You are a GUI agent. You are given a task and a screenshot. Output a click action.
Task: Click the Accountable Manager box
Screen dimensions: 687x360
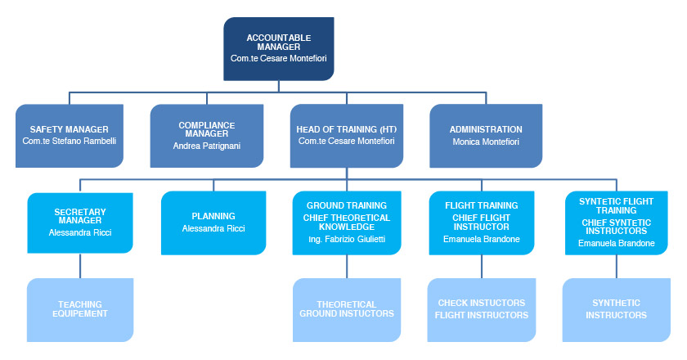click(279, 48)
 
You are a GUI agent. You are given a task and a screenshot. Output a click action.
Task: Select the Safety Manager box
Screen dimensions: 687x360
click(70, 136)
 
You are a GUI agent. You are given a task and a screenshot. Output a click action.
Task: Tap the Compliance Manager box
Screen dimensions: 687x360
click(207, 136)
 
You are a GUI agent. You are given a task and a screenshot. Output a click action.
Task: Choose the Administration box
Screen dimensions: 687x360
click(486, 136)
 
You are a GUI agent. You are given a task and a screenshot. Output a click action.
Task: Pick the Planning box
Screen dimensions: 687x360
click(213, 223)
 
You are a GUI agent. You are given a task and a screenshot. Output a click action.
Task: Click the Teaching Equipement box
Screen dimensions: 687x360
click(80, 309)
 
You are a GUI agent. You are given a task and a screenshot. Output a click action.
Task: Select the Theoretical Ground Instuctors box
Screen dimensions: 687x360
click(347, 309)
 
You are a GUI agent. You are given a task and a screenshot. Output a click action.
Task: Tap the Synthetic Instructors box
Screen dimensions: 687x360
click(616, 309)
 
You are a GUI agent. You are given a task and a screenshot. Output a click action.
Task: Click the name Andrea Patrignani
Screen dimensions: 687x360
click(207, 146)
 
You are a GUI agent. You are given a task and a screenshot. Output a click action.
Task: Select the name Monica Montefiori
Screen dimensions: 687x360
click(486, 142)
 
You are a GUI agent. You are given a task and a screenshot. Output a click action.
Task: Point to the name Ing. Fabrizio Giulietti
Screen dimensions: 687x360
click(347, 240)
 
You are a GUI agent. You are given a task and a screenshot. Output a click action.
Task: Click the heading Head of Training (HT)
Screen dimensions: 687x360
click(347, 129)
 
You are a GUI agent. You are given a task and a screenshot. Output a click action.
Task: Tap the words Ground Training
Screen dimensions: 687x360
click(347, 205)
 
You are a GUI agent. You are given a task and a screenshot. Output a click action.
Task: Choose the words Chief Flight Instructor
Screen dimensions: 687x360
click(481, 223)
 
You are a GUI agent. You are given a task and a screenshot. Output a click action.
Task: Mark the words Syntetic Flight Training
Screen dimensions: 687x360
click(616, 205)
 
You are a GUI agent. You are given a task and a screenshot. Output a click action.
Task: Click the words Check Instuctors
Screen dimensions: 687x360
click(482, 303)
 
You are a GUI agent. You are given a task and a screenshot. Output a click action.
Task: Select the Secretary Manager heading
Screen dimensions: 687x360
click(80, 216)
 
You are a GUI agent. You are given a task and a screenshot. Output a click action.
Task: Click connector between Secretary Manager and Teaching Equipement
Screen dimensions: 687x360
click(80, 266)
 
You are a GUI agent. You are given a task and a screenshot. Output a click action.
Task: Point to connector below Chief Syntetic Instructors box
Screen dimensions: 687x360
click(616, 267)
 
